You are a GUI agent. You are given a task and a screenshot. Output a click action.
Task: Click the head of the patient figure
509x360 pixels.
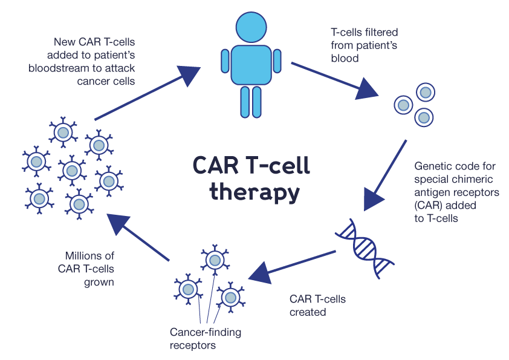251,27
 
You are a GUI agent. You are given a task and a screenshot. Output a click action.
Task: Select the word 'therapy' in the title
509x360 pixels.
254,192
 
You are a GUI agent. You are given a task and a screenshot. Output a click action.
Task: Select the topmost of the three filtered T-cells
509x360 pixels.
426,93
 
